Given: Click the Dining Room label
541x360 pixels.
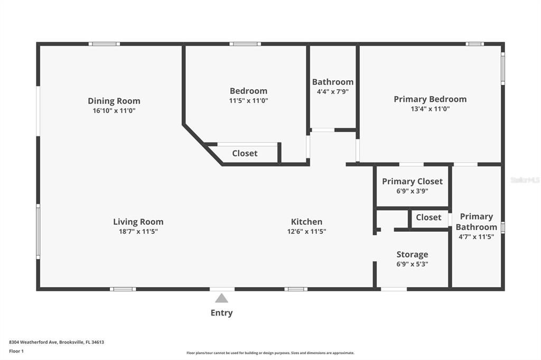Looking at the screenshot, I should pos(114,101).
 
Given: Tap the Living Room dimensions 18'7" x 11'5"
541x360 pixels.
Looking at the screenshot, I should pos(138,231).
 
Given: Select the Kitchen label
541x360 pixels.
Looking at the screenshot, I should pos(306,222).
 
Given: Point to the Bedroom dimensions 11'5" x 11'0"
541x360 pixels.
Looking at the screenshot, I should pos(248,100).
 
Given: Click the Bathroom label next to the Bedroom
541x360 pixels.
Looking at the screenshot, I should pos(333,82).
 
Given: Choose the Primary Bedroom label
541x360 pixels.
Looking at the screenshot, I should pos(430,99).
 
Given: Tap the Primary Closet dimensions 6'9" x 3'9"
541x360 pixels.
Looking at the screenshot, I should pos(412,191).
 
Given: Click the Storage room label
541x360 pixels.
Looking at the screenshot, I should pos(412,254).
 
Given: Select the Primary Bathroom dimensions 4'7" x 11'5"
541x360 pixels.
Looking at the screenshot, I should pos(476,237).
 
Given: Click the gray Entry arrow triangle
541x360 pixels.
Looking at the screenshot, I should pos(222,298).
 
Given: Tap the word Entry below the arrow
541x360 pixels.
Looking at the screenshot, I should pos(221,312).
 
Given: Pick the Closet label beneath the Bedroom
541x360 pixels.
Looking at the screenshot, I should pos(245,153).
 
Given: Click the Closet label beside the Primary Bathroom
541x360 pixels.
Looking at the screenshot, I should pos(428,217).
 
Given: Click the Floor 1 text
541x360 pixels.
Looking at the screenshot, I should pos(16,351).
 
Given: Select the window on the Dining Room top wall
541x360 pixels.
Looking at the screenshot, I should pos(104,44).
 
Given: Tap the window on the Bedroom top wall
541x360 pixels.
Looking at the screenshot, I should pos(245,44).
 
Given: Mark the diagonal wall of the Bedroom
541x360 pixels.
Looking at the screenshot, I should pos(202,145).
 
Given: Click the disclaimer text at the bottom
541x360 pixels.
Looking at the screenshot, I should pos(270,353).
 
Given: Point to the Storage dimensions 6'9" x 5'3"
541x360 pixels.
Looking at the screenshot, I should pos(412,264).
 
